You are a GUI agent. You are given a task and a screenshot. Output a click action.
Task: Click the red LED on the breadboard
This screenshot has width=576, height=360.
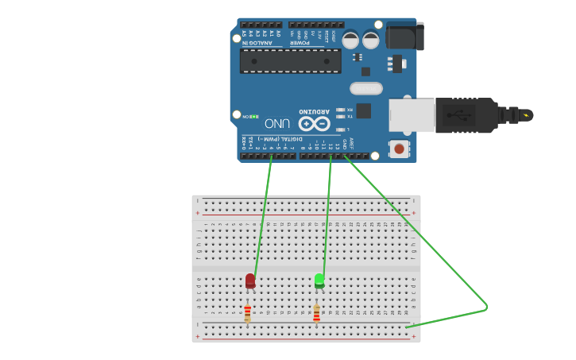coord(250,281)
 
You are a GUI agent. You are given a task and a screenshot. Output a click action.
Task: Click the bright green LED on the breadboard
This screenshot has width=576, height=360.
coord(319,280)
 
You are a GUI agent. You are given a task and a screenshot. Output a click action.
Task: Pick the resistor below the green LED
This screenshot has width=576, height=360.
coord(316,314)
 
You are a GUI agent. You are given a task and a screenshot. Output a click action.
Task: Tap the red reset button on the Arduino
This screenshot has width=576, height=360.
coord(398,148)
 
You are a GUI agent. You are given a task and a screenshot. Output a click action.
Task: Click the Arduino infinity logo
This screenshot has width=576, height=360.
coord(314,124)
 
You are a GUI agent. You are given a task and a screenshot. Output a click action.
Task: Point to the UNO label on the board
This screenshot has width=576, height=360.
coord(276,123)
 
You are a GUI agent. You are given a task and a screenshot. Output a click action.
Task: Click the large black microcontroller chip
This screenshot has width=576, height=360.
coord(290,61)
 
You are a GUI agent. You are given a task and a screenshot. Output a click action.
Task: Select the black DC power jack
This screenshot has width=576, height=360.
coord(404,36)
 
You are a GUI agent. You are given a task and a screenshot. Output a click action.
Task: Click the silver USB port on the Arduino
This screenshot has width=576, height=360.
coord(412,115)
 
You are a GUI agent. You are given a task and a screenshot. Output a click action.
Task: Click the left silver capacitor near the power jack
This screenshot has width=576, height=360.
coord(350,39)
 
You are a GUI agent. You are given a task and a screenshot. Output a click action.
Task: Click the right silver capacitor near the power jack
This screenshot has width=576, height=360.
coord(371,39)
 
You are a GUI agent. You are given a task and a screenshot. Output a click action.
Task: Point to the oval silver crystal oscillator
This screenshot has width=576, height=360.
coord(365,88)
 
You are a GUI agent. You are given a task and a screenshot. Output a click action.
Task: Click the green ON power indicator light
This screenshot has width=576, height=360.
coord(254,117)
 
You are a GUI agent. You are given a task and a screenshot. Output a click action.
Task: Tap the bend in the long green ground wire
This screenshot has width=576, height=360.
coord(486,308)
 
